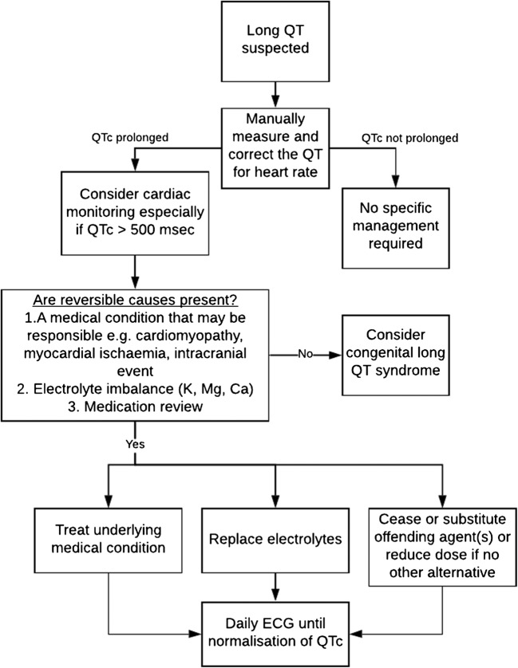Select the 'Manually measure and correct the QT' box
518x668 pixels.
(274, 144)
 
